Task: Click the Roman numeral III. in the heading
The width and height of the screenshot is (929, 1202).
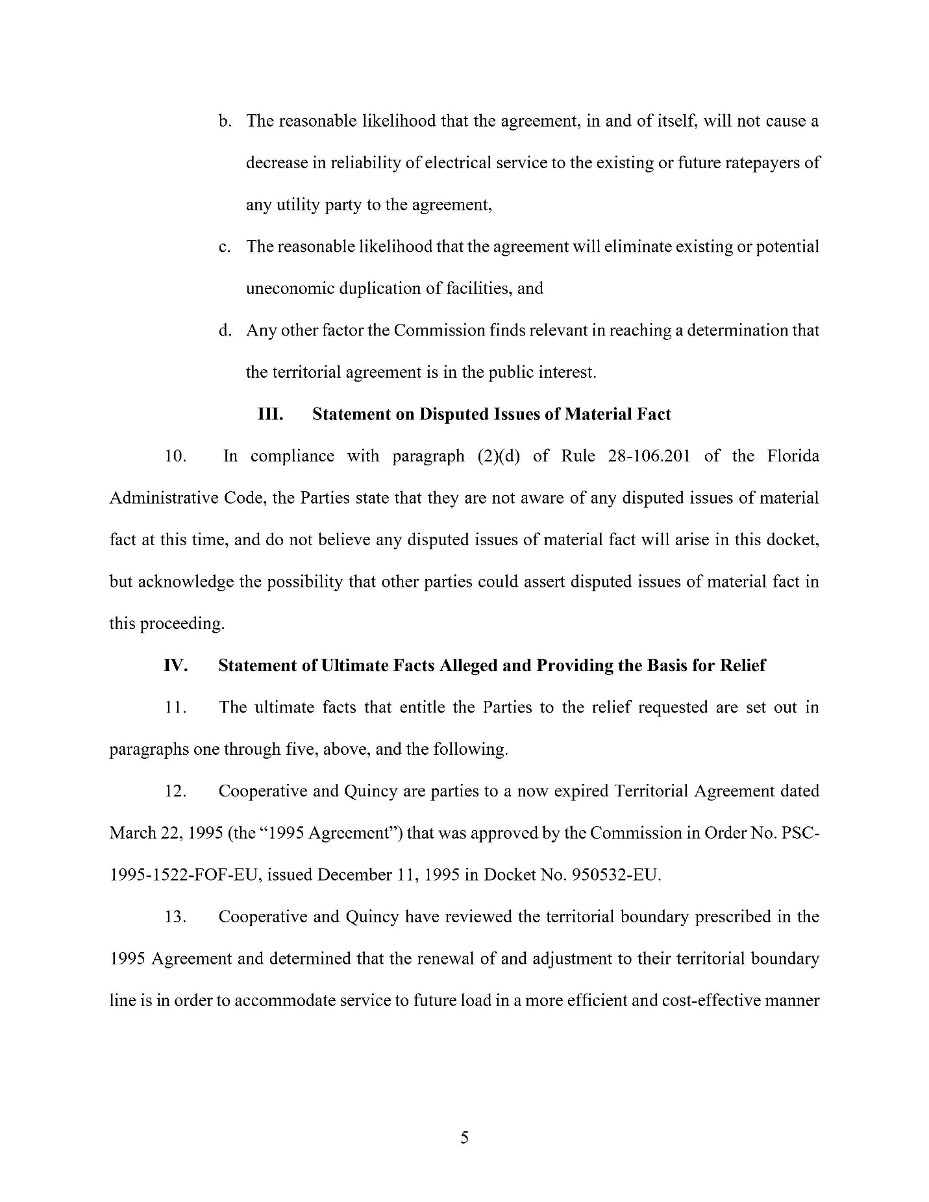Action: click(271, 414)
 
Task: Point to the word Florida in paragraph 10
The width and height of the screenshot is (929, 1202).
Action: click(793, 456)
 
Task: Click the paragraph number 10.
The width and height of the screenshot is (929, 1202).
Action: click(175, 456)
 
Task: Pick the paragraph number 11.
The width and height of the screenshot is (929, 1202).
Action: click(175, 707)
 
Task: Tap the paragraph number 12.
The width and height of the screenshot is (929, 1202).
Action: click(175, 791)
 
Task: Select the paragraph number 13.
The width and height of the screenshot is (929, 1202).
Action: click(175, 917)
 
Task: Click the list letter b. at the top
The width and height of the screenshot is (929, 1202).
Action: click(225, 121)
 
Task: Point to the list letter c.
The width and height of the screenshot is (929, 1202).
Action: click(225, 247)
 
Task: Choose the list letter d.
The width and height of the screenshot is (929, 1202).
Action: click(225, 331)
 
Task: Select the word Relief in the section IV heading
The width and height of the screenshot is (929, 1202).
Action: click(742, 665)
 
